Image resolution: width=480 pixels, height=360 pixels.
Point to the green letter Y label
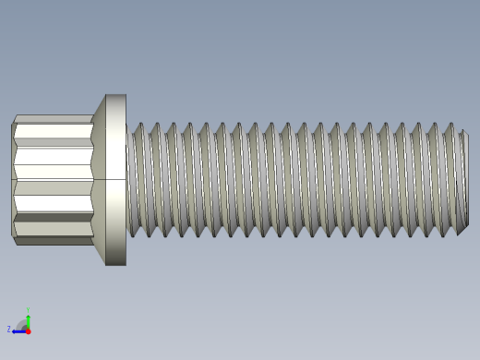pyautogui.click(x=28, y=310)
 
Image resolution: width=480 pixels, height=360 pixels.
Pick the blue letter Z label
pyautogui.click(x=9, y=329)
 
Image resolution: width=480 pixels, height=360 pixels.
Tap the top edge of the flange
pyautogui.click(x=115, y=95)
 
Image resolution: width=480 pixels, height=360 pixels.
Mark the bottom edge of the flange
pyautogui.click(x=115, y=264)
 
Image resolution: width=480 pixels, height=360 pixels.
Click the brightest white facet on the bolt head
pyautogui.click(x=54, y=163)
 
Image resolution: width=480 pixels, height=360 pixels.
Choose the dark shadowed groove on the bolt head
pyautogui.click(x=54, y=219)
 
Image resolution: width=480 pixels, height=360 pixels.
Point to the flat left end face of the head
pyautogui.click(x=14, y=179)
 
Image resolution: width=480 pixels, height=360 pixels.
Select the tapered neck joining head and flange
pyautogui.click(x=98, y=179)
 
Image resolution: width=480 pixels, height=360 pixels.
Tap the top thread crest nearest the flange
pyautogui.click(x=138, y=126)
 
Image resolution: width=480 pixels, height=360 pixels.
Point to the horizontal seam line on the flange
pyautogui.click(x=115, y=179)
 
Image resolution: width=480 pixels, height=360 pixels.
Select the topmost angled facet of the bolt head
pyautogui.click(x=54, y=119)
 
